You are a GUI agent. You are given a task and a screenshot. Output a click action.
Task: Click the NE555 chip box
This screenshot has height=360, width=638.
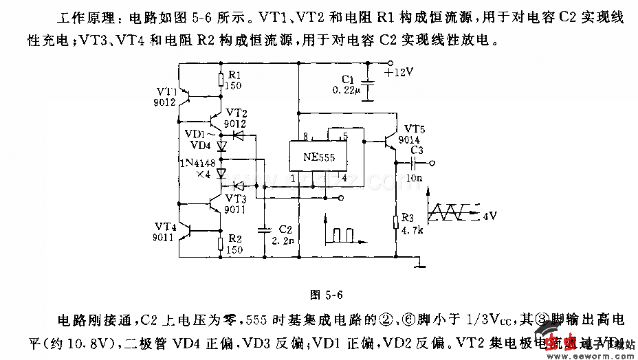point(318,157)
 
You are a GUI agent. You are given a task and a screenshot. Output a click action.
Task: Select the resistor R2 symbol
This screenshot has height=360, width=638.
point(221,243)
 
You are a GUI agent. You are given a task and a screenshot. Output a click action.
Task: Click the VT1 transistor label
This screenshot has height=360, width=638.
point(166,91)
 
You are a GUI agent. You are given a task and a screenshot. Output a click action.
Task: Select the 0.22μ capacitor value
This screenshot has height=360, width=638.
point(346,90)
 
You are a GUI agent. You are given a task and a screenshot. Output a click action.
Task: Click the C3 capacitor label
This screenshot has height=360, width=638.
point(417,150)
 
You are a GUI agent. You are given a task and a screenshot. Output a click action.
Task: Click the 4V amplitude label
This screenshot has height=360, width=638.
point(489,216)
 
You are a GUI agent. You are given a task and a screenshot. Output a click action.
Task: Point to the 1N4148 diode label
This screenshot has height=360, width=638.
point(196,162)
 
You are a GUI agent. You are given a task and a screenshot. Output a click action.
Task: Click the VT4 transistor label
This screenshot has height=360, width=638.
point(166,225)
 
